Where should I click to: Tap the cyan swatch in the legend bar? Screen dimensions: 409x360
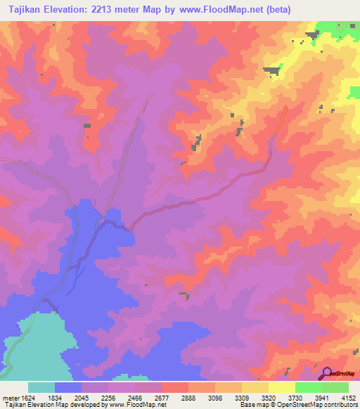click(41, 387)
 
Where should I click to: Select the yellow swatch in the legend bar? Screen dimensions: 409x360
click(281, 387)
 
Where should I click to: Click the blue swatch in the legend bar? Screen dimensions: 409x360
click(68, 387)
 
